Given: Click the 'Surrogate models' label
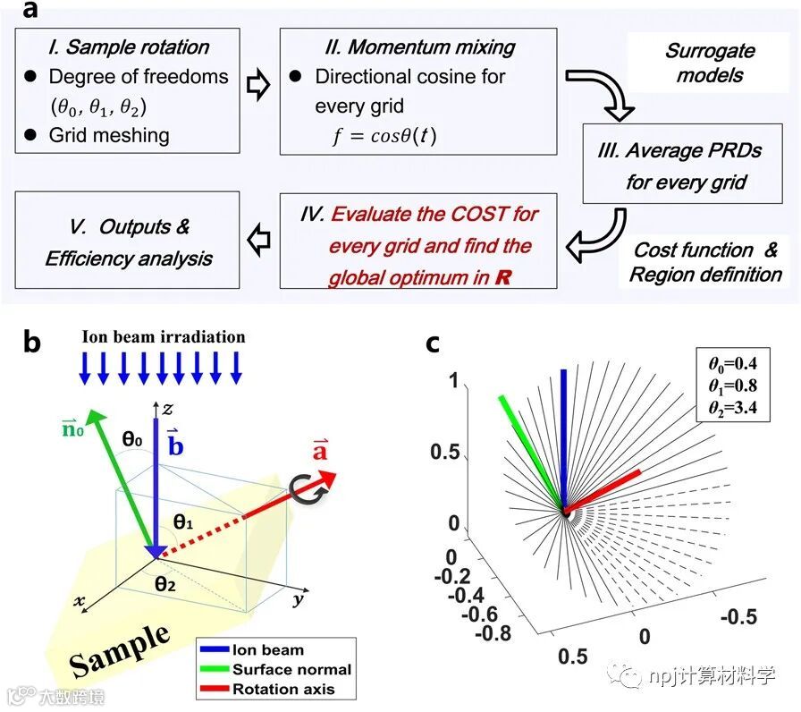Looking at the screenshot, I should click(x=709, y=63).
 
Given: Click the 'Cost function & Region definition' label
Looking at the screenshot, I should click(x=705, y=262).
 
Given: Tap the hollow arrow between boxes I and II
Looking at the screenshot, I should click(x=258, y=90).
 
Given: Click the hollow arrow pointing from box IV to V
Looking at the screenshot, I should click(x=259, y=240).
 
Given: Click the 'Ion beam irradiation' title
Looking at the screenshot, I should click(x=163, y=337).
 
